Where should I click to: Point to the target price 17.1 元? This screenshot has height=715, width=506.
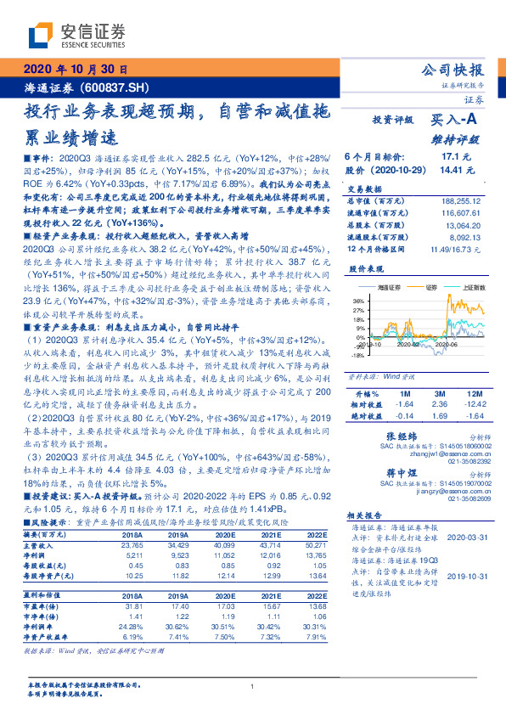tap(456, 157)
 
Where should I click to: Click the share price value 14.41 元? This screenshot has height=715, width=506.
tap(453, 169)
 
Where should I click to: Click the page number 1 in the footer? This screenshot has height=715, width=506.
tap(253, 686)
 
